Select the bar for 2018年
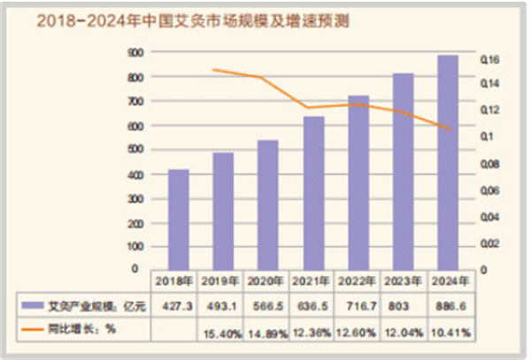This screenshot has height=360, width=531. pyautogui.click(x=178, y=218)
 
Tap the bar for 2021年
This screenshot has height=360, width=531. pyautogui.click(x=313, y=192)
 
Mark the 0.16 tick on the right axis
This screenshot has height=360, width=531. pyautogui.click(x=492, y=60)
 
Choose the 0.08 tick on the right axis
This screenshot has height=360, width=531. pyautogui.click(x=492, y=165)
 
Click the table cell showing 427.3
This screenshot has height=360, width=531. pyautogui.click(x=177, y=305)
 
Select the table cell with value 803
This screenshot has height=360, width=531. pyautogui.click(x=403, y=305)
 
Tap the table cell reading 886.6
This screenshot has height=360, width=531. pyautogui.click(x=448, y=305)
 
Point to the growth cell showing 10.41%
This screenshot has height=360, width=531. pyautogui.click(x=448, y=332)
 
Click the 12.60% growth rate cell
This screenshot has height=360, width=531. pyautogui.click(x=358, y=332)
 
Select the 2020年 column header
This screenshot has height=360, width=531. pyautogui.click(x=267, y=280)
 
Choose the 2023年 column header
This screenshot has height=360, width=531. pyautogui.click(x=403, y=280)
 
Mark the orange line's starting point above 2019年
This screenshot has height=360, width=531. pyautogui.click(x=215, y=70)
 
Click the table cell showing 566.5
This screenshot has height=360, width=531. pyautogui.click(x=267, y=305)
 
